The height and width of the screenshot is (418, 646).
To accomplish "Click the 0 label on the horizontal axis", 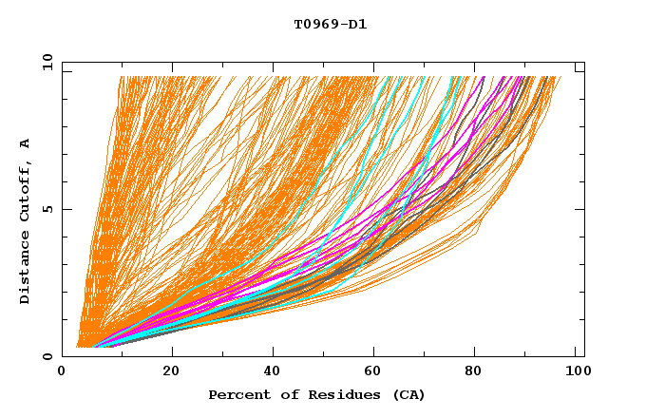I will pos(63,371).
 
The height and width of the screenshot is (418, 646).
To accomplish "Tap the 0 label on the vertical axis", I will pos(47,356).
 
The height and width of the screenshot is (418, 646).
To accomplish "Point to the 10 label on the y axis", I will pos(44,62).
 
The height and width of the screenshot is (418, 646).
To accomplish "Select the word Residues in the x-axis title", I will pos(333,394).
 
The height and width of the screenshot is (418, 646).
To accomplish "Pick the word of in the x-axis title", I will pos(280,394).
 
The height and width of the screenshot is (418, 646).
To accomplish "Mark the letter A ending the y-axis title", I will pos(26,143).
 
